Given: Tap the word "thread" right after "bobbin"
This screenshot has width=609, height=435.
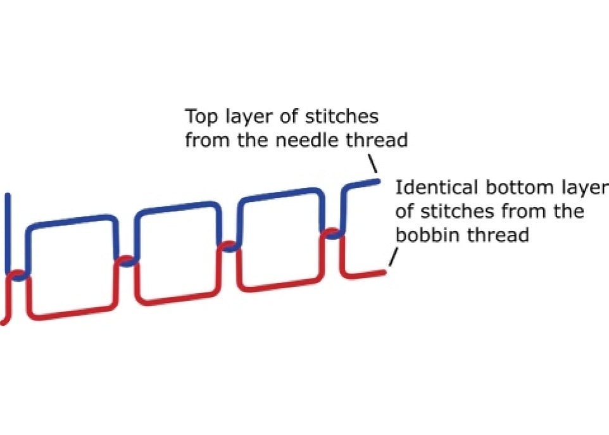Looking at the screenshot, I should click(498, 234).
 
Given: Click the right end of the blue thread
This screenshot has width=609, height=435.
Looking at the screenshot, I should click(377, 182).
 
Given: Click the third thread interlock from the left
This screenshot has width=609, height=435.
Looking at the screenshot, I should click(229, 246).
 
